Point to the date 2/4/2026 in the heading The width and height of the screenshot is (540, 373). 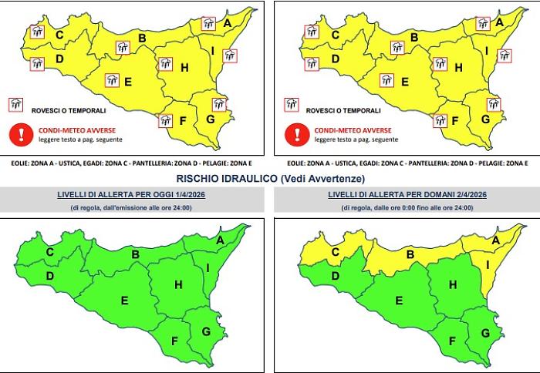tap(469, 195)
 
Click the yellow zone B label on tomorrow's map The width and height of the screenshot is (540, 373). tap(411, 254)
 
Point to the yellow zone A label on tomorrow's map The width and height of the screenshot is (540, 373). tap(498, 240)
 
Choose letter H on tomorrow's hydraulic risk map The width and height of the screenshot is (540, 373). tap(453, 285)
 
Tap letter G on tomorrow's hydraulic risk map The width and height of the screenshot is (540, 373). tap(484, 332)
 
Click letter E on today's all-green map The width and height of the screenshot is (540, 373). tap(123, 300)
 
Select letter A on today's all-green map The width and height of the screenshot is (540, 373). tap(219, 240)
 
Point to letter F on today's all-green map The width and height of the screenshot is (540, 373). tap(174, 341)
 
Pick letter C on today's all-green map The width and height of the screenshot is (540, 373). tap(49, 251)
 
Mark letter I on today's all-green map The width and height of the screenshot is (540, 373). tap(208, 267)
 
